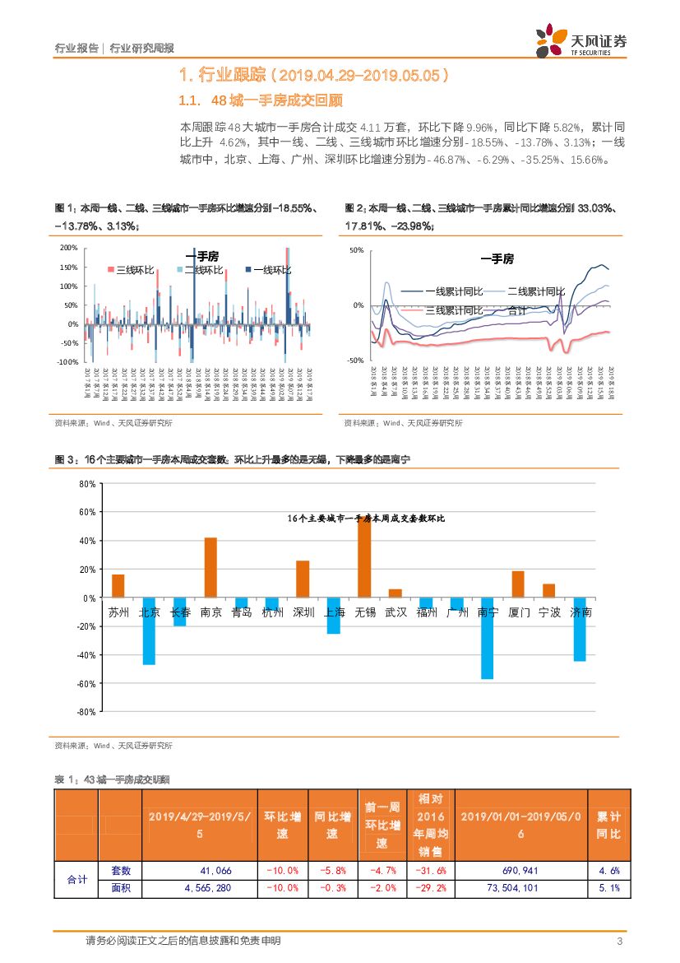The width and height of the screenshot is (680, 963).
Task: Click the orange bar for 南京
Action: tap(210, 568)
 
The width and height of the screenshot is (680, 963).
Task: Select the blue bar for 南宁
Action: tap(487, 638)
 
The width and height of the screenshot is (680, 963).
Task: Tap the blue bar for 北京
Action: tap(149, 630)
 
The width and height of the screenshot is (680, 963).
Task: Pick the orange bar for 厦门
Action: tap(518, 584)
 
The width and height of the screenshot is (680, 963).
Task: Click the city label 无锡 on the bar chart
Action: tap(365, 612)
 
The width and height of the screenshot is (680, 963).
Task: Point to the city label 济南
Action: tap(581, 612)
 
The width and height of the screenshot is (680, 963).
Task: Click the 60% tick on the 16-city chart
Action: tap(86, 512)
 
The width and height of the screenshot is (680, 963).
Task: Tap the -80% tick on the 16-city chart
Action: tap(85, 711)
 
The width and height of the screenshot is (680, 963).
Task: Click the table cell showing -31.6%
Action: tap(431, 871)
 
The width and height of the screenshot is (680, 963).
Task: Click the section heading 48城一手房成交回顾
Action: tap(276, 101)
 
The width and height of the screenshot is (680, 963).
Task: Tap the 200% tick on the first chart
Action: tap(69, 248)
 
